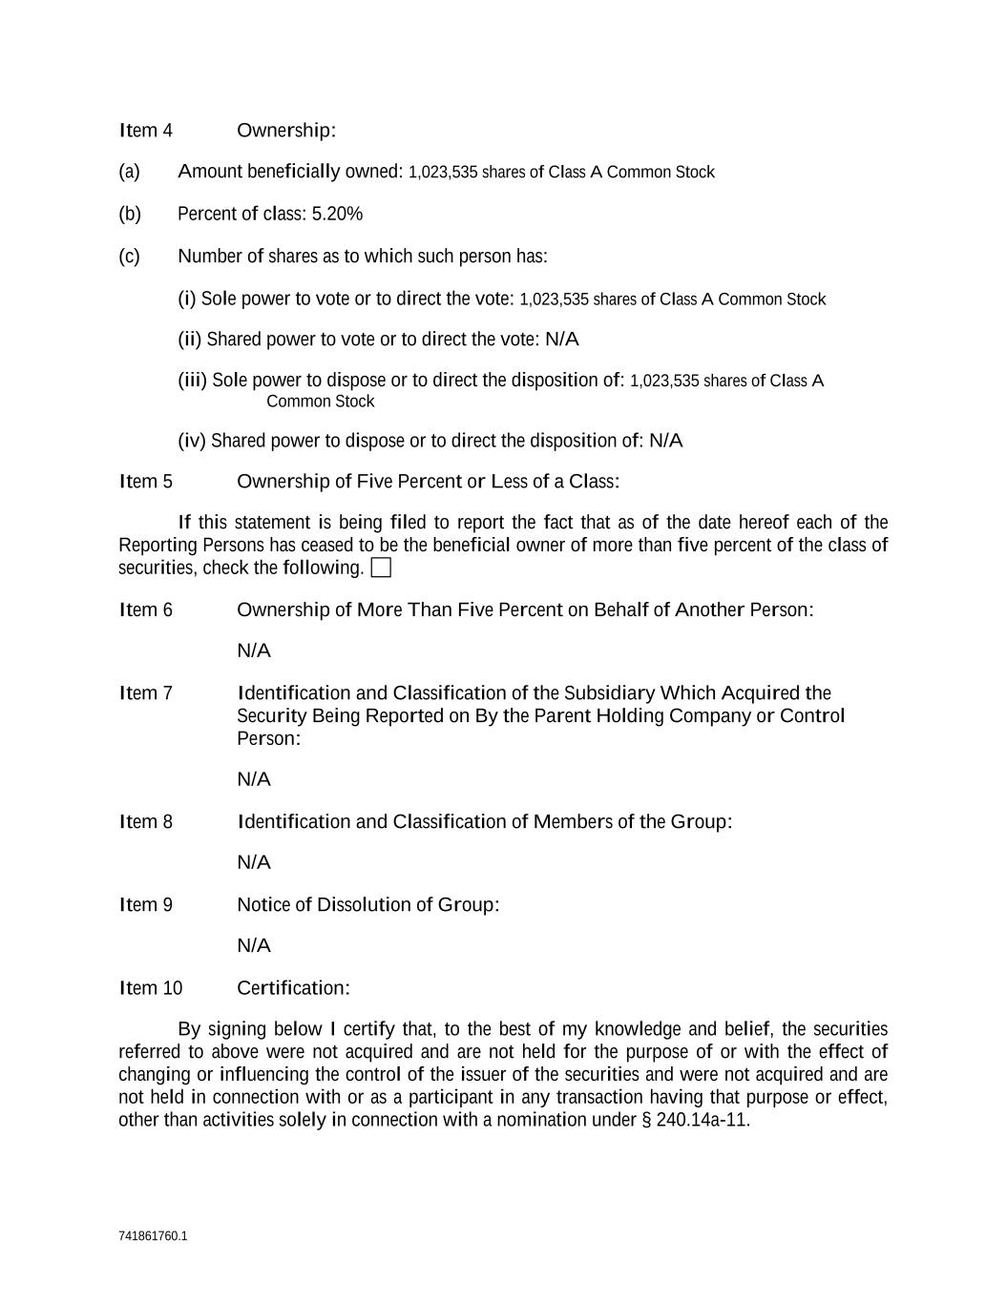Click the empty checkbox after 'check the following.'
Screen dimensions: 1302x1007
pos(381,568)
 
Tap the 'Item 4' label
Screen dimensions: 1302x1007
pos(146,131)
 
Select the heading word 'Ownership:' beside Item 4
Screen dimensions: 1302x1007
pos(286,131)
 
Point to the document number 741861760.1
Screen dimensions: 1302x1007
pos(153,1236)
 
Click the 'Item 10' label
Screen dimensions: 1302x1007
pos(151,988)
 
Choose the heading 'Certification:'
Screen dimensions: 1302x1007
pos(293,988)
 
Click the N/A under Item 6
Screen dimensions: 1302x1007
pos(254,651)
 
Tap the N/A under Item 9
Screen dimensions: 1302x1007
pos(254,945)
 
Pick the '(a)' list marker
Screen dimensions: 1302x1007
pos(129,172)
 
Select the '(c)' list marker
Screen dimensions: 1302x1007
pos(129,257)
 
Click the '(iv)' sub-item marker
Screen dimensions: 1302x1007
pos(191,441)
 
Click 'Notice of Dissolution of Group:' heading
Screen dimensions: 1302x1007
pos(368,905)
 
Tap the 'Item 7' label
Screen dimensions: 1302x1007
pos(146,693)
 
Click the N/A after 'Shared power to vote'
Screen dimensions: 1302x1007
pos(561,340)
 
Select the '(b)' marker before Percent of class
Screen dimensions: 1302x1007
pos(129,214)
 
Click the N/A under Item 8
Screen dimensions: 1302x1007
pos(254,862)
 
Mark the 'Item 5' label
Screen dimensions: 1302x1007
pos(146,482)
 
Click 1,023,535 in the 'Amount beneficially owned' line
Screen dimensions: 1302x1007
pos(443,173)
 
